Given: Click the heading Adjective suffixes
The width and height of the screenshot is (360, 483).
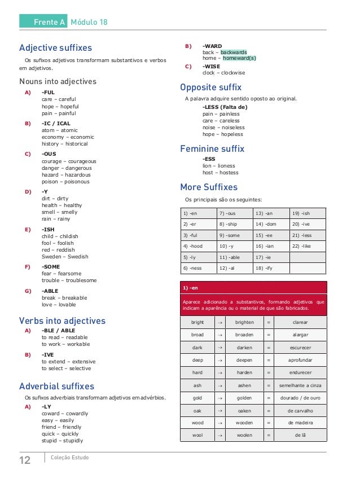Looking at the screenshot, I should [55, 48].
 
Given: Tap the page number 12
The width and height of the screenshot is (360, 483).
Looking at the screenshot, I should [25, 460].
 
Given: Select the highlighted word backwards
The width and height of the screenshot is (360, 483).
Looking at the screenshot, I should [234, 52].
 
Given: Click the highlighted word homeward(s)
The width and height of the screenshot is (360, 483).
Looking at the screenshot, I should [239, 58].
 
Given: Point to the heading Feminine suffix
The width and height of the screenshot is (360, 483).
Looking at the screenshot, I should [212, 149].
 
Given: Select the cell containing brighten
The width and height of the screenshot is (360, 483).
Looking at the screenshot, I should [244, 322].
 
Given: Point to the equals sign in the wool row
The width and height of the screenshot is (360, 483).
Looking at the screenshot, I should [268, 436].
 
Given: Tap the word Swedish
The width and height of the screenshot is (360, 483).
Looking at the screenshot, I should [76, 257].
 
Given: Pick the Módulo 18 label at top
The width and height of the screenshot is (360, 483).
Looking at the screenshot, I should [89, 22].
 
